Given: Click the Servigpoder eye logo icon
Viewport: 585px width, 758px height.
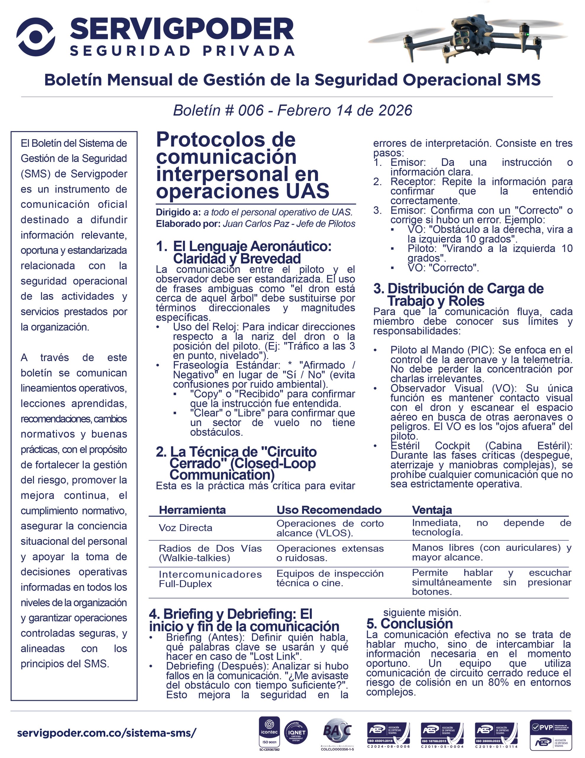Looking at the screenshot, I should pyautogui.click(x=36, y=37).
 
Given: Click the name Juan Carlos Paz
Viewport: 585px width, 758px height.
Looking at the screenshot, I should pyautogui.click(x=256, y=224).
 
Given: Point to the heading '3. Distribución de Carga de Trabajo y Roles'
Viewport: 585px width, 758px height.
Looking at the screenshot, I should pyautogui.click(x=458, y=295).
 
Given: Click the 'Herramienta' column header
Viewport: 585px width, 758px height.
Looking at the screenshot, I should pyautogui.click(x=192, y=510).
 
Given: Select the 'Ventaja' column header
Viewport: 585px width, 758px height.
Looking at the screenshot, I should pyautogui.click(x=432, y=510).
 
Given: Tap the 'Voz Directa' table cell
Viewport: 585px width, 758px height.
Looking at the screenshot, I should pyautogui.click(x=185, y=528).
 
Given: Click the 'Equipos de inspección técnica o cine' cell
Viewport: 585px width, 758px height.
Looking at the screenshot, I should pyautogui.click(x=330, y=578).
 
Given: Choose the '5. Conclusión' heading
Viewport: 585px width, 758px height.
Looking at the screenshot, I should pyautogui.click(x=410, y=624).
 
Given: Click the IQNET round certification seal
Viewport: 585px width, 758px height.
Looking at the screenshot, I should pyautogui.click(x=296, y=733).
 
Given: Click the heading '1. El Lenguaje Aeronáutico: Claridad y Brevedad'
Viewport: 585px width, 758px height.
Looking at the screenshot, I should pyautogui.click(x=244, y=252).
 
